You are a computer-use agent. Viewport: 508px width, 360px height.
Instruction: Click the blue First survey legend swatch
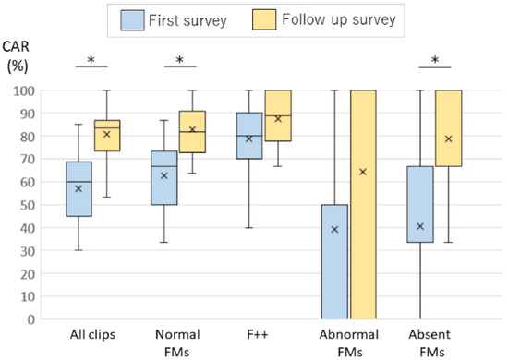tap(132, 20)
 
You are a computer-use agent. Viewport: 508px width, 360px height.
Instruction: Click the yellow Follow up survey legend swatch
tap(264, 19)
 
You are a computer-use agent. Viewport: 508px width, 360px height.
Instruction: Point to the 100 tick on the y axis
tap(24, 91)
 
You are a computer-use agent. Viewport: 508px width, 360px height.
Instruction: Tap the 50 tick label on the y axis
tap(28, 205)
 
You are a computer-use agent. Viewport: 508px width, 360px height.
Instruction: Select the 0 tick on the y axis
tap(31, 320)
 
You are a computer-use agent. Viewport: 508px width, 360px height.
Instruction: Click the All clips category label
tap(92, 334)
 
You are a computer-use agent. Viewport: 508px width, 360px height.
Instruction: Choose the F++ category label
tap(258, 334)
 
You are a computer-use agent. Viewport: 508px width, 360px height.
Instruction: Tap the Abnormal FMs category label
tap(349, 343)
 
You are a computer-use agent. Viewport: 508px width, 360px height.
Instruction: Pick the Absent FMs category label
tap(429, 343)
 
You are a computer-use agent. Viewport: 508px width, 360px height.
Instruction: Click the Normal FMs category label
tap(177, 343)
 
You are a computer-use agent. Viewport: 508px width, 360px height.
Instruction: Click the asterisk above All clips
tap(91, 60)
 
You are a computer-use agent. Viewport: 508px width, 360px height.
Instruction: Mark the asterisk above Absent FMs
tap(435, 60)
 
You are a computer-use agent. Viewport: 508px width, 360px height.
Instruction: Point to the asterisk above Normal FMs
tap(180, 60)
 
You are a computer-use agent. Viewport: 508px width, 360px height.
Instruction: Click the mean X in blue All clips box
tap(79, 188)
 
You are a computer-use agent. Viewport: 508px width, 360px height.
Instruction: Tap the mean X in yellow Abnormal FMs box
tap(363, 172)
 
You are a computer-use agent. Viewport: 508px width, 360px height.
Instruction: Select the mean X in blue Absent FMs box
tap(420, 226)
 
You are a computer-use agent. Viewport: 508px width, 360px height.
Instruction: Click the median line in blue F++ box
tap(248, 136)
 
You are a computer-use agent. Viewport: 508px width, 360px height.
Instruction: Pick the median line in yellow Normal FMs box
tap(192, 132)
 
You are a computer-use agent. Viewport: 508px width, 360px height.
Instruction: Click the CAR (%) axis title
tap(17, 56)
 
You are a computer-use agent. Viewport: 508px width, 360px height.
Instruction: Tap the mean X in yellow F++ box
tap(278, 119)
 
